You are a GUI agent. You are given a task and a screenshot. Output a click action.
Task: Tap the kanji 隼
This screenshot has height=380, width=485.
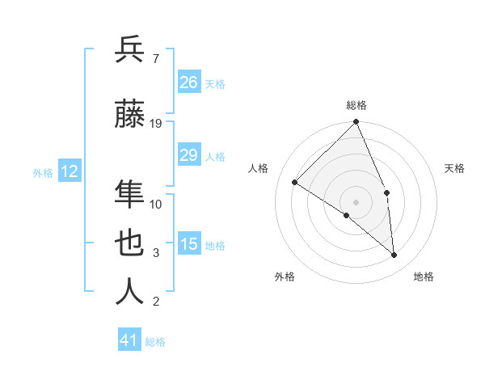(130, 194)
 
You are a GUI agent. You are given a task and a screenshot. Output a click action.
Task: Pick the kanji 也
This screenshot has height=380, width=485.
(130, 243)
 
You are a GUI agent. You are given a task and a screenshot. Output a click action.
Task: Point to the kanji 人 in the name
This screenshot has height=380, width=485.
(130, 292)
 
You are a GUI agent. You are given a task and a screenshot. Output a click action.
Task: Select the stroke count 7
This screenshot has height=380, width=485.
(155, 58)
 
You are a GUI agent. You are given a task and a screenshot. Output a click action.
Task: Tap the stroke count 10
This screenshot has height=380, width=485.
(156, 204)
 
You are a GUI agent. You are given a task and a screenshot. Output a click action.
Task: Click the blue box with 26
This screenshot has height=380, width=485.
(189, 82)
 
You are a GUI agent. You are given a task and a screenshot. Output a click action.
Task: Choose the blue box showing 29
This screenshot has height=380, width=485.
(189, 155)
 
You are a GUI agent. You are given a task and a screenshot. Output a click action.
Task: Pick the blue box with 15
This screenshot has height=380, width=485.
(189, 244)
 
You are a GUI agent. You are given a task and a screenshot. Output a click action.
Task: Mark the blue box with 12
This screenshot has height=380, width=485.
(70, 171)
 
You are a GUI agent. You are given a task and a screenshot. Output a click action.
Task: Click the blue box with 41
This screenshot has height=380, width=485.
(129, 340)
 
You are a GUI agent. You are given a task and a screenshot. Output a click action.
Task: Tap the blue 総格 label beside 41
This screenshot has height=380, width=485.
(155, 342)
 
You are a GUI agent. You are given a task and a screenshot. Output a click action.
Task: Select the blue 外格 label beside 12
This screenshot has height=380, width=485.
(43, 172)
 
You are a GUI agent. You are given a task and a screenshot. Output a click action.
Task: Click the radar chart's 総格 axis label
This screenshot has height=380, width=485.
(356, 105)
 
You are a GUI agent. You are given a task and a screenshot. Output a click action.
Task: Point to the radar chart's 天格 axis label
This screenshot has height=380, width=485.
(454, 168)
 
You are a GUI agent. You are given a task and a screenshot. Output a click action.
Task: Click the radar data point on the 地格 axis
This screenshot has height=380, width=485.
(394, 255)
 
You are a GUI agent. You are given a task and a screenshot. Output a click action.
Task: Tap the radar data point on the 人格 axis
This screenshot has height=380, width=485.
(295, 182)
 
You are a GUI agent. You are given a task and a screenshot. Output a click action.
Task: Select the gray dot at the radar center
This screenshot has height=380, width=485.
(356, 201)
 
